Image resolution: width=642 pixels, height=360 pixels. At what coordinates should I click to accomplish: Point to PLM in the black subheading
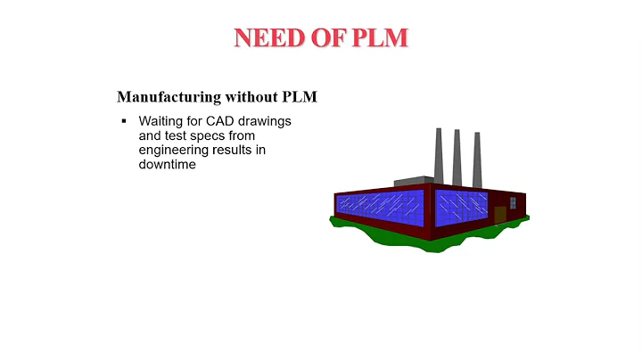point(300,96)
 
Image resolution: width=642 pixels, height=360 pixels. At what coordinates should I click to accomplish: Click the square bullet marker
point(124,120)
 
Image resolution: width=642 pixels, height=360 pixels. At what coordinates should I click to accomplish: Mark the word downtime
point(167,166)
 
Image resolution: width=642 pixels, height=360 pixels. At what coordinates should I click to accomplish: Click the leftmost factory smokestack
point(439,153)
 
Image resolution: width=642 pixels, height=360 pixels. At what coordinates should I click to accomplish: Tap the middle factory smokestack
point(457,156)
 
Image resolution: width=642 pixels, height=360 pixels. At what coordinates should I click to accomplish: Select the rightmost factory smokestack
point(477,159)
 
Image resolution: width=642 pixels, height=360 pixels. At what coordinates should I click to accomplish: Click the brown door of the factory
point(499,214)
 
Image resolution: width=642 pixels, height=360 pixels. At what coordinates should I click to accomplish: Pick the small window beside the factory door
point(513,203)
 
